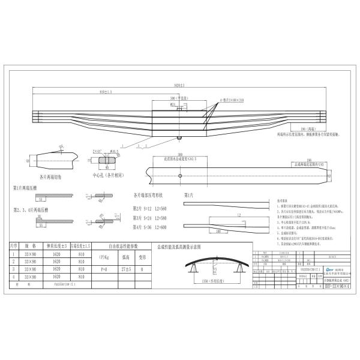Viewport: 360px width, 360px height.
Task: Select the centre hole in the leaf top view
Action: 181,176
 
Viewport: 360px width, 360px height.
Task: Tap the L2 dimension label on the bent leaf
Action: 238,214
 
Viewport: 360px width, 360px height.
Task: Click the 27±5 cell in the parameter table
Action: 126,270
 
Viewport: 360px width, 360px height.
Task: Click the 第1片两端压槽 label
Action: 29,188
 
